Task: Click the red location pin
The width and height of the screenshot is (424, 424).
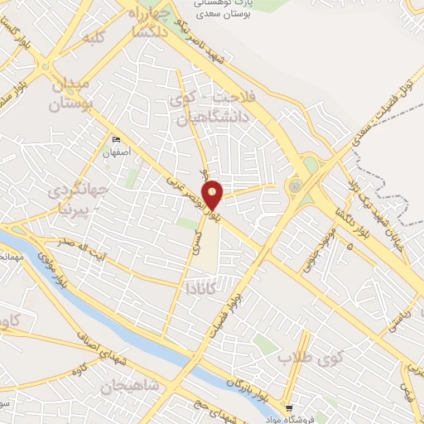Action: tap(214, 194)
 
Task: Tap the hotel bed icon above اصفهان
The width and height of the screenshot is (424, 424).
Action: tap(116, 140)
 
